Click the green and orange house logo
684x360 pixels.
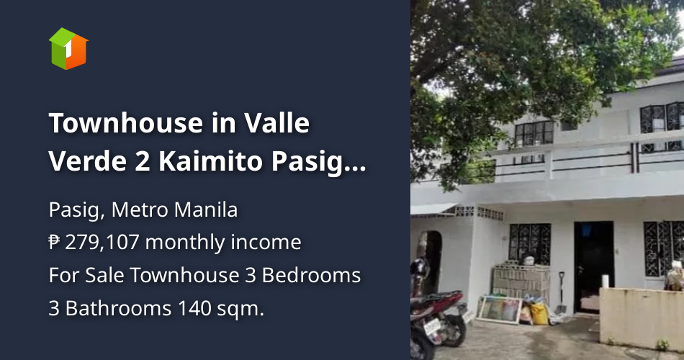coord(68,48)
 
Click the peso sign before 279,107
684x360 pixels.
coord(55,243)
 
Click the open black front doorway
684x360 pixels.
coord(594,263)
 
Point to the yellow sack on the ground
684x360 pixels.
coord(537,313)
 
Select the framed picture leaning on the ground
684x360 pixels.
coord(500,310)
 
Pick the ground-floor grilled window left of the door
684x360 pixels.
coord(529,242)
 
